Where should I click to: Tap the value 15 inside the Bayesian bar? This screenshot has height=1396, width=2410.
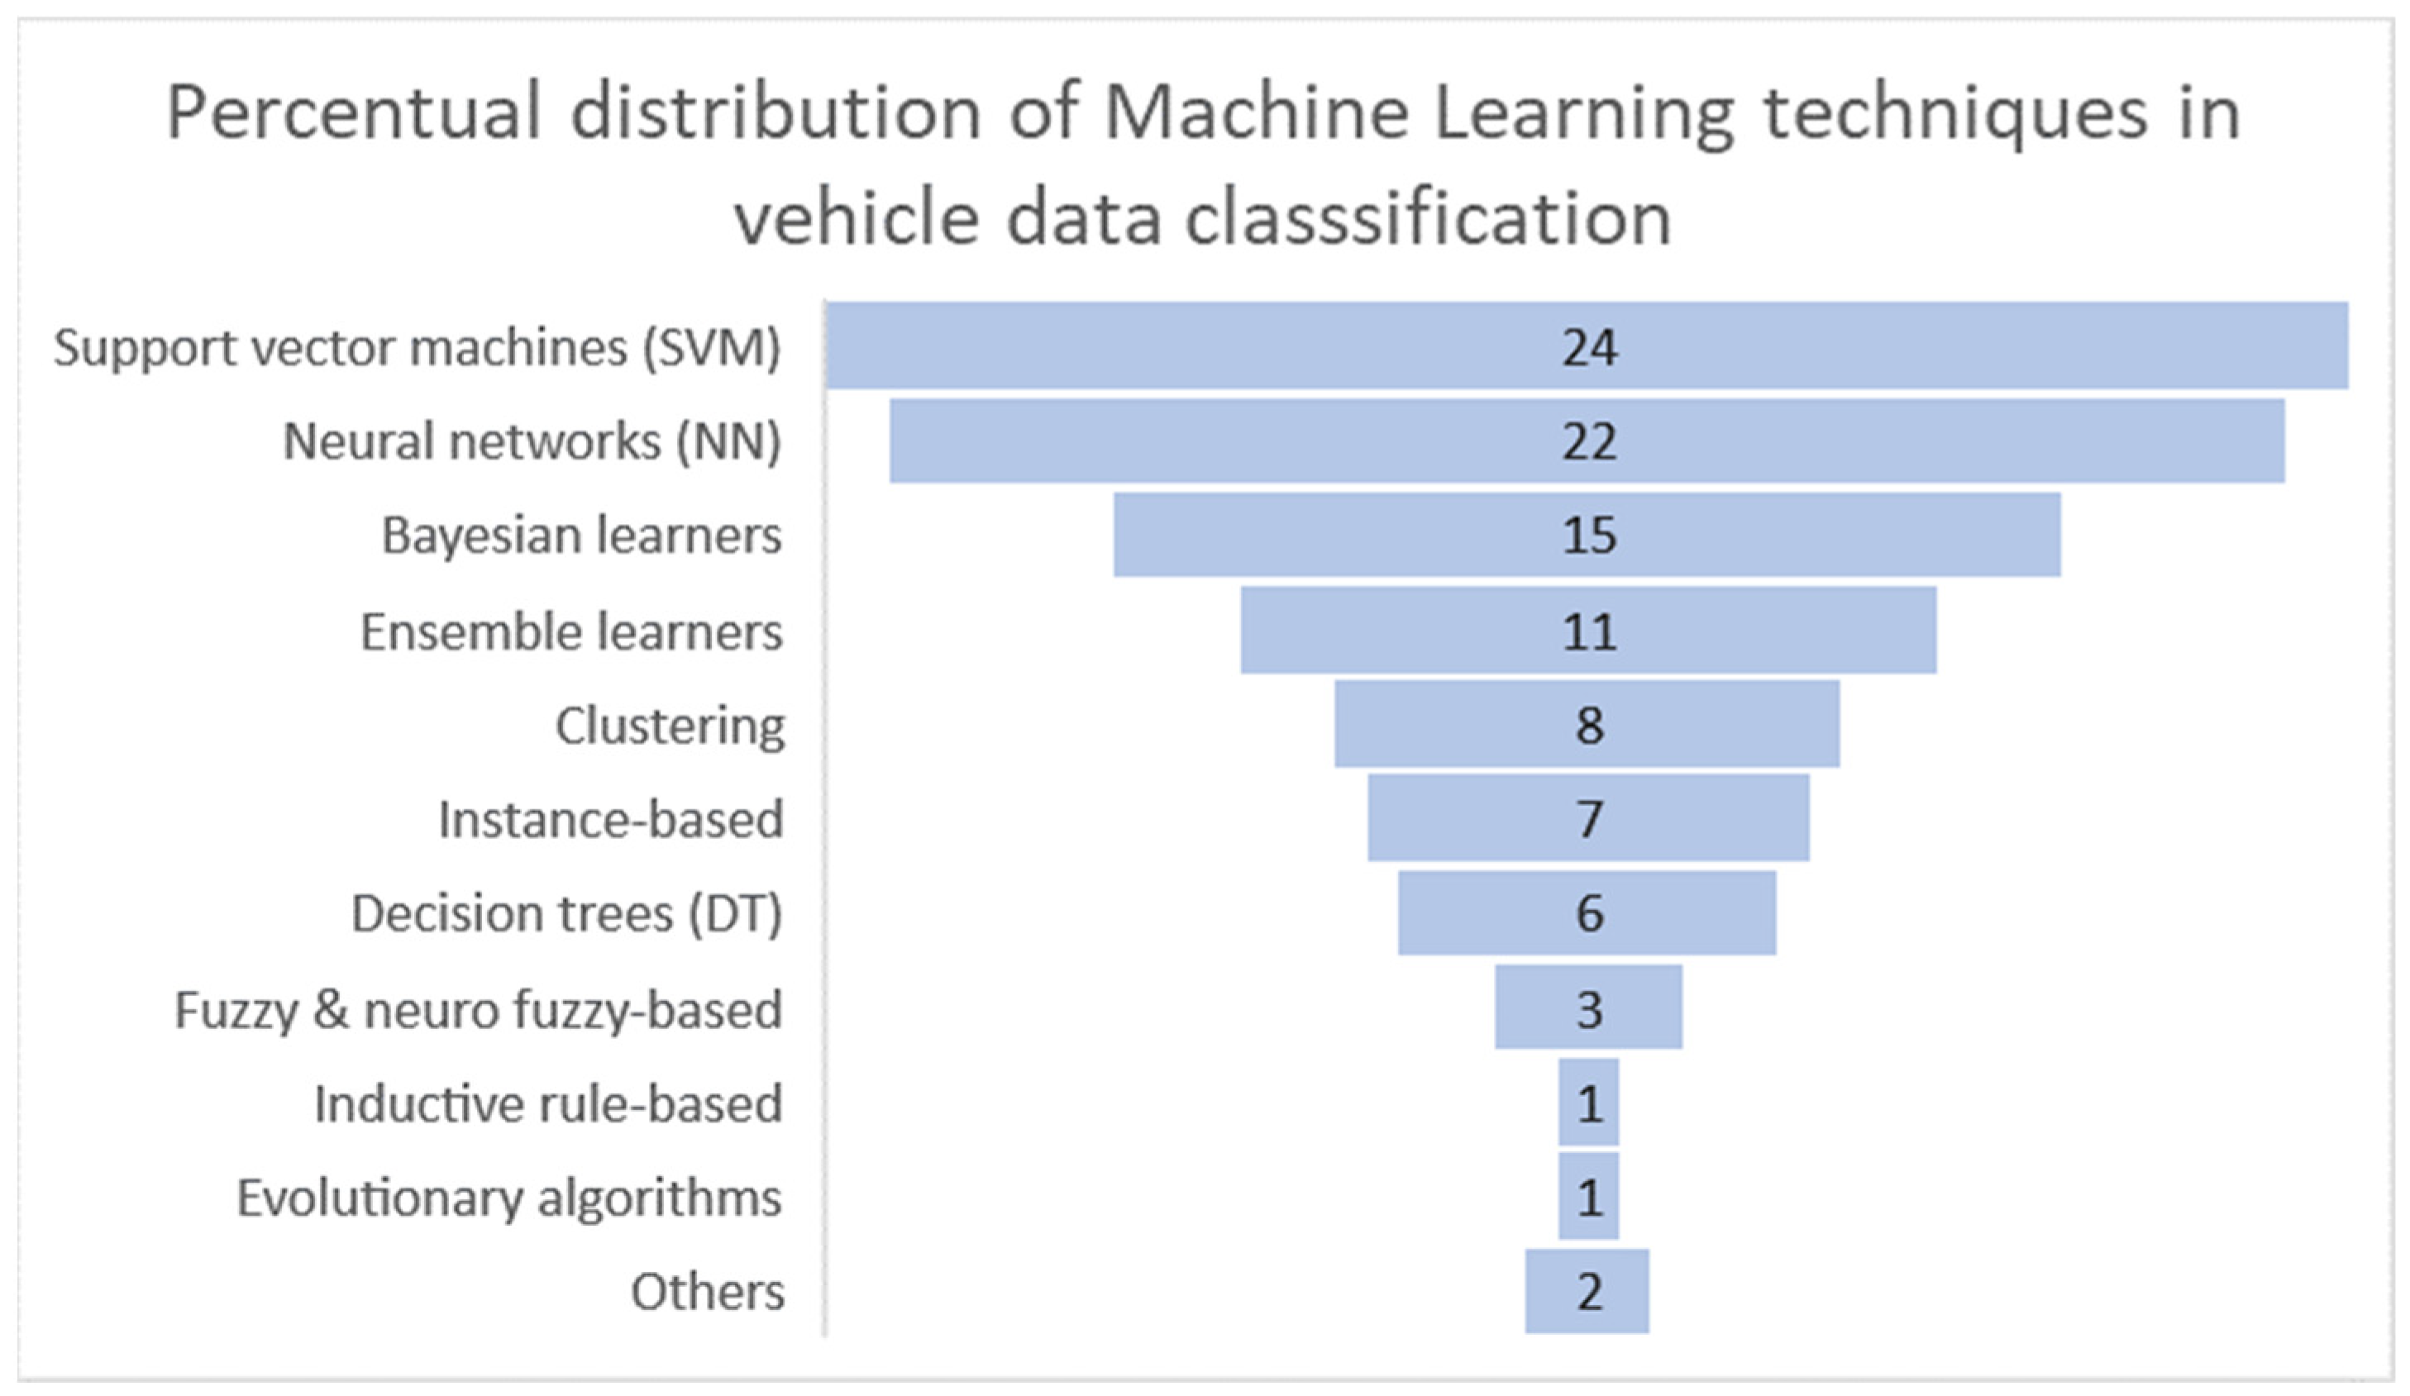1590,536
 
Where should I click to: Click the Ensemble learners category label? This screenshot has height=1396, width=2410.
571,632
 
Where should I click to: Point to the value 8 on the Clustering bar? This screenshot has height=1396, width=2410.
1590,725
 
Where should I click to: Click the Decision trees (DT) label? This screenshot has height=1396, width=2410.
567,913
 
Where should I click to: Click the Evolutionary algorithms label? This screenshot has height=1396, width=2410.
508,1197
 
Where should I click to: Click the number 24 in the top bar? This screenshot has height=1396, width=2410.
1590,347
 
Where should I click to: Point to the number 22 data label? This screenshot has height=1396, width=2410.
1590,441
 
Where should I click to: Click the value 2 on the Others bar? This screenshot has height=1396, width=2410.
1590,1292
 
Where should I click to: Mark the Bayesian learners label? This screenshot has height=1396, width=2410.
581,536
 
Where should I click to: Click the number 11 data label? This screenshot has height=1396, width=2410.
1590,632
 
